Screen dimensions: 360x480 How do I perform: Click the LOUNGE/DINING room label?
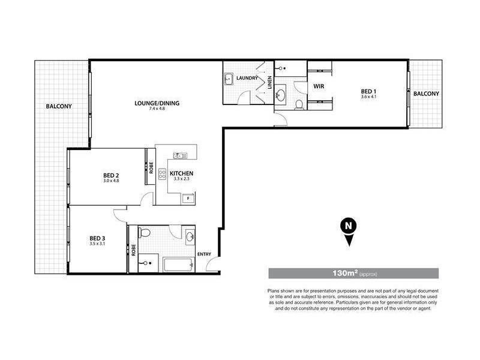pyautogui.click(x=157, y=103)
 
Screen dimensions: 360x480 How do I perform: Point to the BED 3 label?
pyautogui.click(x=98, y=238)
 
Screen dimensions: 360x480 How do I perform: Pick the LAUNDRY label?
pyautogui.click(x=247, y=78)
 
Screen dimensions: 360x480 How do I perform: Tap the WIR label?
pyautogui.click(x=319, y=86)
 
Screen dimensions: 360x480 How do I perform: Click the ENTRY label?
pyautogui.click(x=204, y=253)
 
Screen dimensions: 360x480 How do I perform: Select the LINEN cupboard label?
pyautogui.click(x=269, y=82)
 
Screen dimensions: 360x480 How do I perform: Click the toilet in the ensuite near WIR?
pyautogui.click(x=299, y=106)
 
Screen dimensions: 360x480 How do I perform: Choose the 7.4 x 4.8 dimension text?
pyautogui.click(x=157, y=109)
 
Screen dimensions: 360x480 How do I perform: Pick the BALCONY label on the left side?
pyautogui.click(x=59, y=107)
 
